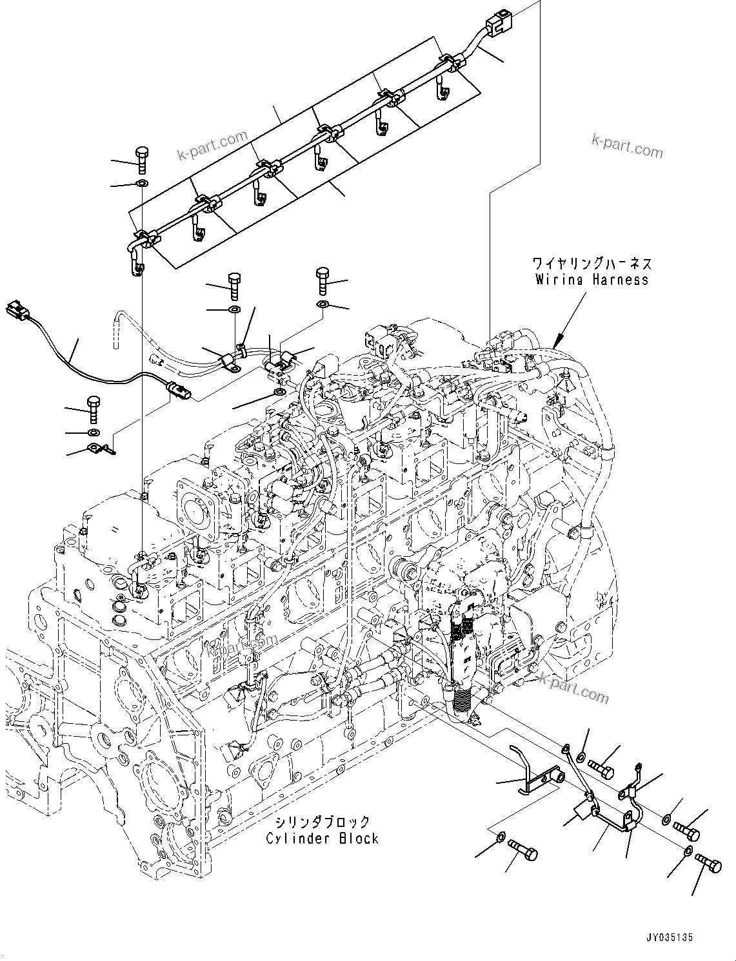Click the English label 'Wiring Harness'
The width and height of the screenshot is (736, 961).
coord(592,280)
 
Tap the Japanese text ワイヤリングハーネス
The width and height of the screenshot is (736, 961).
coord(592,264)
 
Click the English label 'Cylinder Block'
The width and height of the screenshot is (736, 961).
coord(322,839)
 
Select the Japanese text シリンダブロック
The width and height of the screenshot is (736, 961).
coord(322,822)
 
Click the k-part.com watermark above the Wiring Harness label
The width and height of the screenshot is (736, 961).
coord(626,147)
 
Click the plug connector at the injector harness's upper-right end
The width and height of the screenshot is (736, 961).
coord(497,24)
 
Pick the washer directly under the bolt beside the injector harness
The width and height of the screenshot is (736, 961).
coord(142,186)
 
